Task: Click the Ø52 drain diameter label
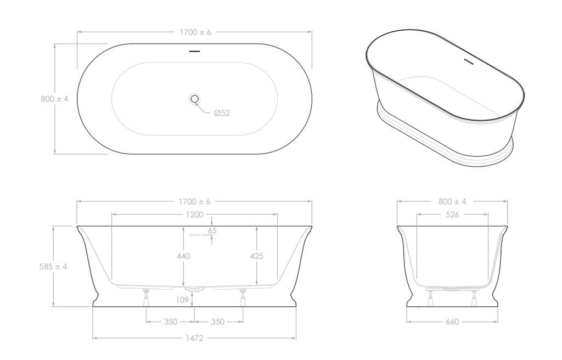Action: (x=222, y=113)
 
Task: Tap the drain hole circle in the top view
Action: (x=195, y=99)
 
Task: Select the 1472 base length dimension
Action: (x=195, y=337)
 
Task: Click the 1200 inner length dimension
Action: (x=195, y=215)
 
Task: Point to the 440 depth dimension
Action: (x=183, y=256)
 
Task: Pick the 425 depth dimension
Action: (x=257, y=256)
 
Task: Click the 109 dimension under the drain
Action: (x=182, y=300)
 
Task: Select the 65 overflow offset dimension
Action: (x=212, y=230)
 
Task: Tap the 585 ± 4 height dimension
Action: (x=53, y=266)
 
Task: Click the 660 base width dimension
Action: (x=452, y=322)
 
